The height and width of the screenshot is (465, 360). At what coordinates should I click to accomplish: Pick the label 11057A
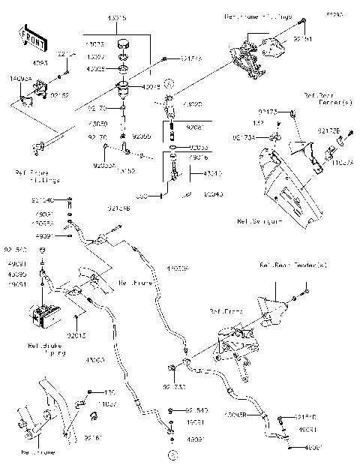pyautogui.click(x=341, y=161)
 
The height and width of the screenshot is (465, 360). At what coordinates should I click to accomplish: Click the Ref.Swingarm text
pyautogui.click(x=259, y=221)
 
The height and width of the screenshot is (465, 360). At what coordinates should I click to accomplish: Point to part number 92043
pyautogui.click(x=212, y=193)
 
